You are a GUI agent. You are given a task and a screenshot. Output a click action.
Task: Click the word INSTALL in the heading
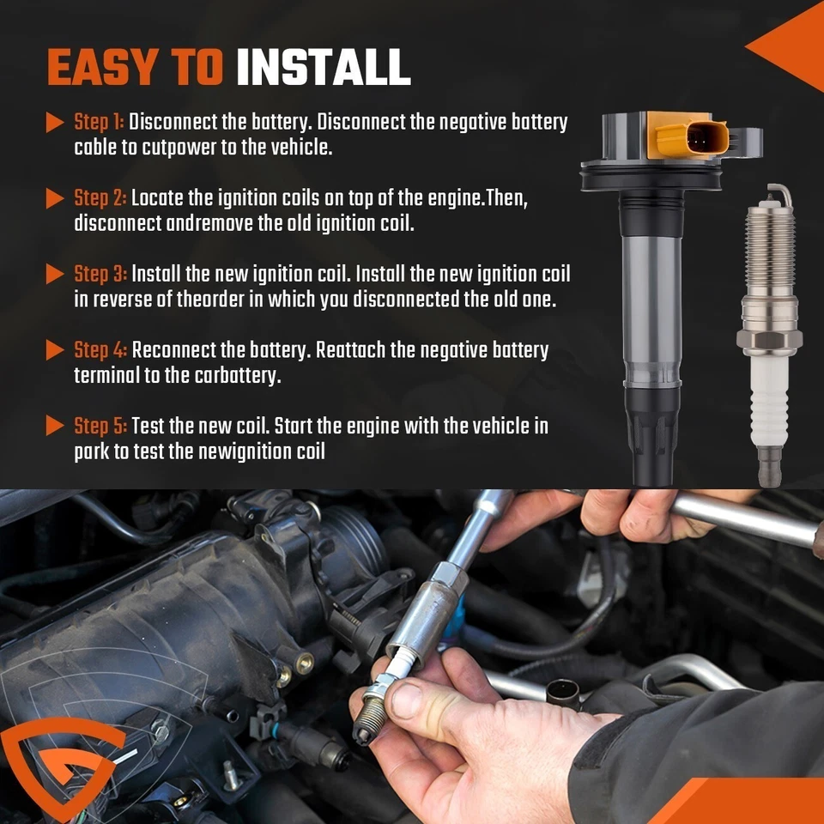point(323,68)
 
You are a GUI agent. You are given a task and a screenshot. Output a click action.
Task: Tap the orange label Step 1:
point(99,122)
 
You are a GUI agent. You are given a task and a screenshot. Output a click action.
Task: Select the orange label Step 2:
point(100,198)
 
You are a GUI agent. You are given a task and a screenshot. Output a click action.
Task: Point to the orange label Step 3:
point(100,274)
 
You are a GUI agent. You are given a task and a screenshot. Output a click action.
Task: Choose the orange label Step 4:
point(100,350)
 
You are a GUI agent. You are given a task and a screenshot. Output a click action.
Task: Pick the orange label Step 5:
point(100,426)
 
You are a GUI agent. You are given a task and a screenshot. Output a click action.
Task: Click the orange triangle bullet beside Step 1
point(56,123)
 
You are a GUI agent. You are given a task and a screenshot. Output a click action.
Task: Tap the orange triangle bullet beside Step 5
point(56,427)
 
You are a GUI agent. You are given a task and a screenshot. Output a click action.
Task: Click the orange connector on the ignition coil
point(691,137)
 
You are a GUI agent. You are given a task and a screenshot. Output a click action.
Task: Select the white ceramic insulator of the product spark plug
point(770,403)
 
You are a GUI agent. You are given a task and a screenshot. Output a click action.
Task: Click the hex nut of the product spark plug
point(770,342)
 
